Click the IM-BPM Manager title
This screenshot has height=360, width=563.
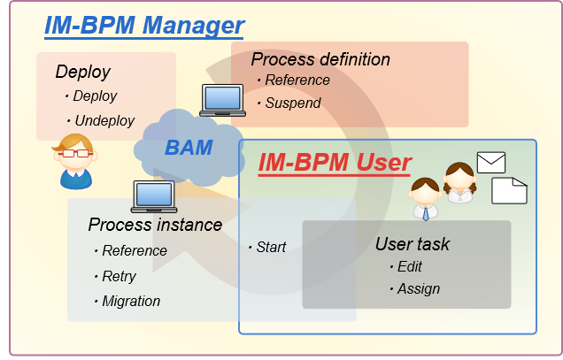click(x=144, y=25)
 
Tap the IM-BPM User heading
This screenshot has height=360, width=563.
click(x=335, y=163)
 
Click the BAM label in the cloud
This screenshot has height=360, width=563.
click(x=189, y=147)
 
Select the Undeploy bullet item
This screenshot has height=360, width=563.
click(x=104, y=120)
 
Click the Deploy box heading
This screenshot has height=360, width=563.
click(x=82, y=72)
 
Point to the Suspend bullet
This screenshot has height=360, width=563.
click(x=294, y=103)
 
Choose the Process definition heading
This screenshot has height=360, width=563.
click(x=320, y=59)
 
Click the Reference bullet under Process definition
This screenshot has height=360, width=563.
click(x=298, y=80)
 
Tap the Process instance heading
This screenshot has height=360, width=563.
click(x=155, y=225)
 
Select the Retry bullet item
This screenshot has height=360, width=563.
click(x=120, y=276)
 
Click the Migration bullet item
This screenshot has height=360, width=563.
click(x=131, y=301)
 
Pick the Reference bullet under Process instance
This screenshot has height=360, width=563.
click(x=135, y=250)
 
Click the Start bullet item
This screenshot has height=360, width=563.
click(x=271, y=247)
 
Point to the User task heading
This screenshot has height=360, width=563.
click(x=413, y=243)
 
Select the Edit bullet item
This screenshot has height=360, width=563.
click(x=410, y=266)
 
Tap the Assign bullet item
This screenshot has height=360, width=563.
click(x=418, y=288)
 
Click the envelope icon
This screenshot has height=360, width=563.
click(x=490, y=162)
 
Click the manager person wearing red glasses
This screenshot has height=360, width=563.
click(x=74, y=160)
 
